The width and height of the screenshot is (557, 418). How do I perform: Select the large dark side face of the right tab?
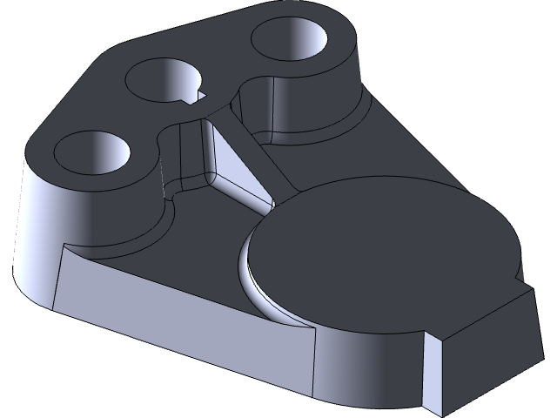coord(487,348)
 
